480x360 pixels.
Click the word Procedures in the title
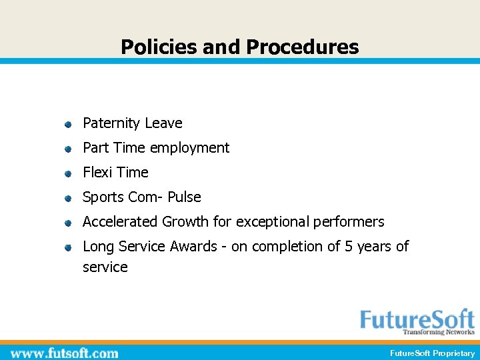[302, 47]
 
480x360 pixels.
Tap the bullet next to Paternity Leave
[67, 125]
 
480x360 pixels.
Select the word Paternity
[111, 123]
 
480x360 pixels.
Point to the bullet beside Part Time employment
[67, 149]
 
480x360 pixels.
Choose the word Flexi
[97, 172]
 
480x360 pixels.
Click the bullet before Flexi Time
[67, 174]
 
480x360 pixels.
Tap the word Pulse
[184, 197]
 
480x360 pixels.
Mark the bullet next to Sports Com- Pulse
[67, 199]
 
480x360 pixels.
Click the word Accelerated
[120, 221]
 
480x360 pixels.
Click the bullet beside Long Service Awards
[67, 248]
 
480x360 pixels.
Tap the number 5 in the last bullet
[348, 246]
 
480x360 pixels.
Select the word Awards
[193, 246]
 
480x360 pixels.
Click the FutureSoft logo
[417, 321]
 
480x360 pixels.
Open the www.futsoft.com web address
[64, 353]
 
